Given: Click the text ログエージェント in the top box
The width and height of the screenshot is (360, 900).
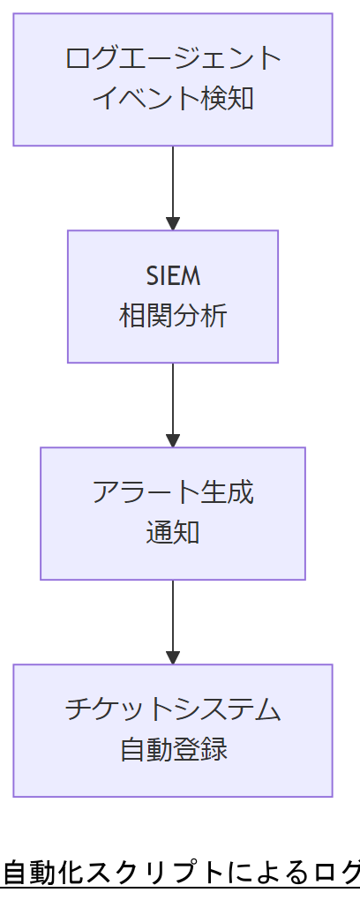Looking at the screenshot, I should tap(173, 59).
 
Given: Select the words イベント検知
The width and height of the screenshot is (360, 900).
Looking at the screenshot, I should tap(173, 97).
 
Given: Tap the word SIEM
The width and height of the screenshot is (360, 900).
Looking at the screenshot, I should tap(173, 276).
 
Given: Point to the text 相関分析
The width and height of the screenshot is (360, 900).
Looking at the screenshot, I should tap(173, 315).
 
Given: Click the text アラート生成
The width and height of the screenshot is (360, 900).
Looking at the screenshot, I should tap(173, 492).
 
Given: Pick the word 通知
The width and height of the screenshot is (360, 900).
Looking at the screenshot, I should tap(173, 532).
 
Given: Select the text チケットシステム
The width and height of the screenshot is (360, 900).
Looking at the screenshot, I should tap(173, 709).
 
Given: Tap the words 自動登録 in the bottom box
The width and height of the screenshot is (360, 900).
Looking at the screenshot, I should tap(173, 749).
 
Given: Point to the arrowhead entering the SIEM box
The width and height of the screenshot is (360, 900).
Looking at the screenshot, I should tap(173, 222).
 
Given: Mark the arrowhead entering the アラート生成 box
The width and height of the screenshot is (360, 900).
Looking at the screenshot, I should tap(173, 439).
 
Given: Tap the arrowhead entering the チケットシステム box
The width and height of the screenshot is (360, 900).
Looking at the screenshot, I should tap(173, 656).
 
